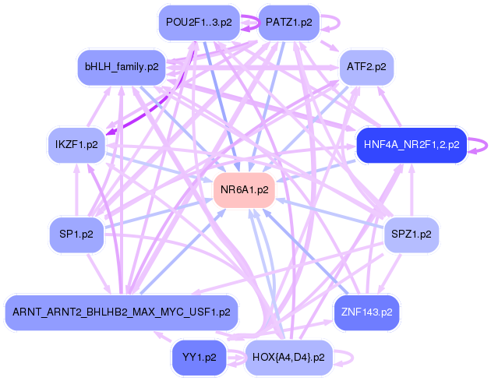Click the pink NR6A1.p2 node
(x=244, y=190)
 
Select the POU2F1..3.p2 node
(x=200, y=23)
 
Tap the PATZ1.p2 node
(x=288, y=23)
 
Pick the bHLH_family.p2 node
(x=122, y=67)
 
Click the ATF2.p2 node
(x=366, y=67)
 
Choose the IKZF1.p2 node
(x=76, y=145)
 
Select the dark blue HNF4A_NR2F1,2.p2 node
(x=412, y=145)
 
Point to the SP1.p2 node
(x=76, y=235)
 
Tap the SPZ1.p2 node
(x=412, y=235)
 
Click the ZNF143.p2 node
(x=366, y=312)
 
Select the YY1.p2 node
(x=200, y=358)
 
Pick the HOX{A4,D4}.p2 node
(x=288, y=358)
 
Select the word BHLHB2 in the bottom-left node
(x=104, y=312)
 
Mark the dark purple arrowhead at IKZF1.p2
(x=110, y=132)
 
